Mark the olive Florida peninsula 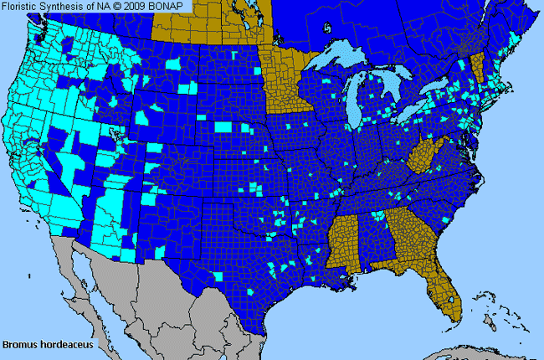[444, 297]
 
